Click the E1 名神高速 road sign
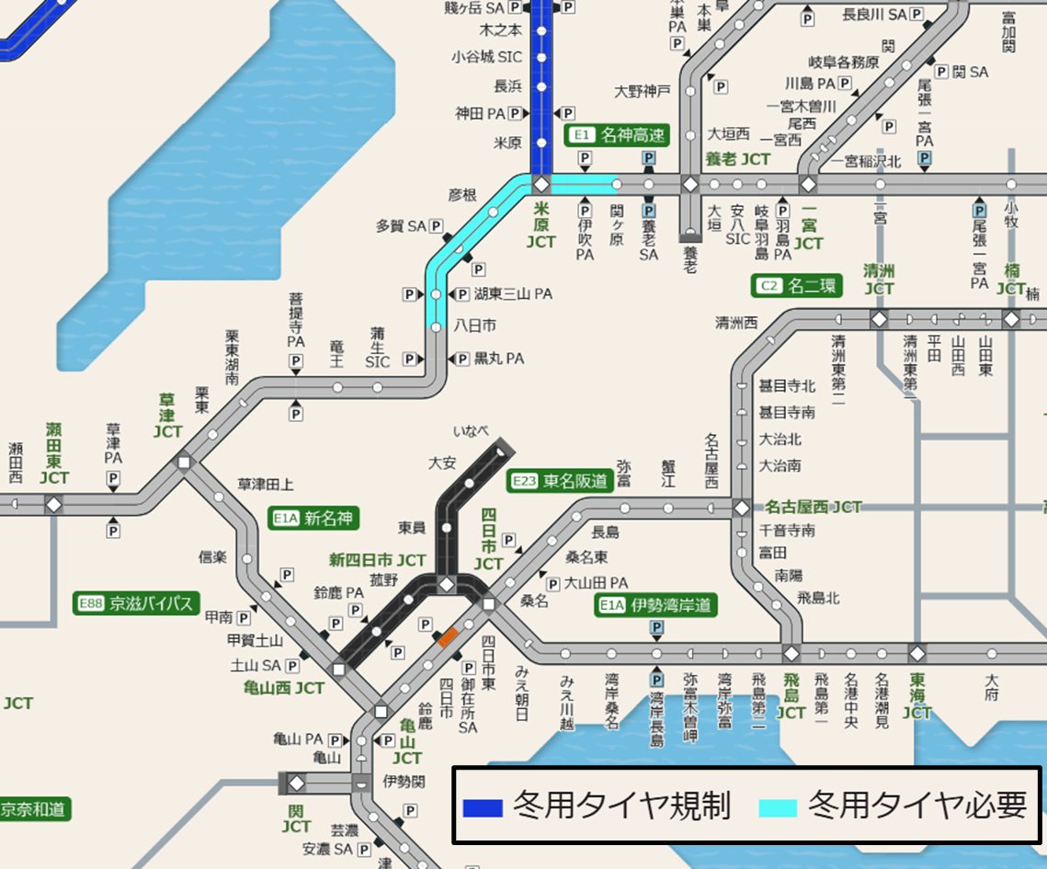pyautogui.click(x=617, y=135)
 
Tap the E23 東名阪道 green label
pyautogui.click(x=560, y=480)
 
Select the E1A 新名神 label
pyautogui.click(x=313, y=519)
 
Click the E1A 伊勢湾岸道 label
pyautogui.click(x=655, y=604)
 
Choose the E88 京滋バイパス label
pyautogui.click(x=135, y=603)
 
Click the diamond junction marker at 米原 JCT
pyautogui.click(x=541, y=184)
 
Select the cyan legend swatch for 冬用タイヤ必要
pyautogui.click(x=778, y=807)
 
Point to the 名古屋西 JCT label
pyautogui.click(x=814, y=507)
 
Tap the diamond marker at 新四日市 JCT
pyautogui.click(x=447, y=585)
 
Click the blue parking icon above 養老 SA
pyautogui.click(x=649, y=159)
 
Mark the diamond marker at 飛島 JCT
pyautogui.click(x=791, y=654)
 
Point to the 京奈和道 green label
pyautogui.click(x=34, y=810)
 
